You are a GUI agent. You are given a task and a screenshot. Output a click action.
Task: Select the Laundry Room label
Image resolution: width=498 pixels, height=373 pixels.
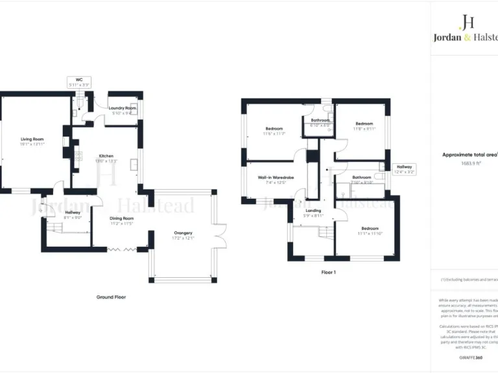tap(122, 107)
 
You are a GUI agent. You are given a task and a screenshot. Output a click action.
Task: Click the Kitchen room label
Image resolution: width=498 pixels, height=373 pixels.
tap(106, 156)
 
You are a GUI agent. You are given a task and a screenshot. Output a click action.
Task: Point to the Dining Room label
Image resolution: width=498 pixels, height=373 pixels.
tap(121, 218)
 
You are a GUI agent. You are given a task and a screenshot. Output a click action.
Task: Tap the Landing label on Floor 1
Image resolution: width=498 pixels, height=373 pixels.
tap(313, 210)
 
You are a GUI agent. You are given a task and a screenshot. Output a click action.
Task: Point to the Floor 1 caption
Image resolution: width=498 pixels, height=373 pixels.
tap(328, 273)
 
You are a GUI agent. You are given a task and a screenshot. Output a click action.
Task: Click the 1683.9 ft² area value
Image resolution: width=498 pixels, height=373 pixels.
tap(470, 163)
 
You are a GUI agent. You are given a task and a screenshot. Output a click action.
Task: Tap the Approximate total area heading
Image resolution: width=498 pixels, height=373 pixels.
tap(469, 155)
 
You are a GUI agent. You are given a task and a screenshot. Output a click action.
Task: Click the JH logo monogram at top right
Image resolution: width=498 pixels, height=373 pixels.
tap(466, 23)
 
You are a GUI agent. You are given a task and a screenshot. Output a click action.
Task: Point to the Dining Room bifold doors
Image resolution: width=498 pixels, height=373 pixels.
tap(121, 247)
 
